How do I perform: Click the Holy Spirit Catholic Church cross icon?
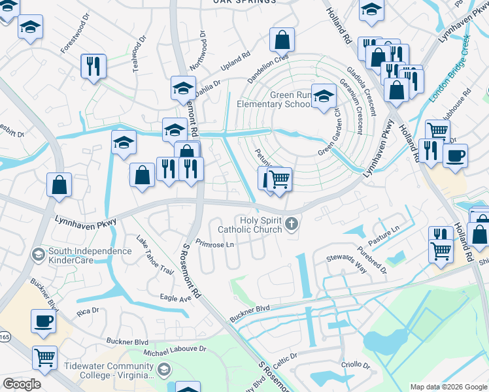pyautogui.click(x=292, y=225)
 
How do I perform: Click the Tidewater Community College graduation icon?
pyautogui.click(x=163, y=370)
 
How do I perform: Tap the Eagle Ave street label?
pyautogui.click(x=175, y=297)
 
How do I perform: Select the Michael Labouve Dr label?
pyautogui.click(x=175, y=351)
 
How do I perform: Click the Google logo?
pyautogui.click(x=22, y=384)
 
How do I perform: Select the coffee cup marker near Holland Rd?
pyautogui.click(x=455, y=156)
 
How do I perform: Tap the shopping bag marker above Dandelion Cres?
pyautogui.click(x=281, y=40)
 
